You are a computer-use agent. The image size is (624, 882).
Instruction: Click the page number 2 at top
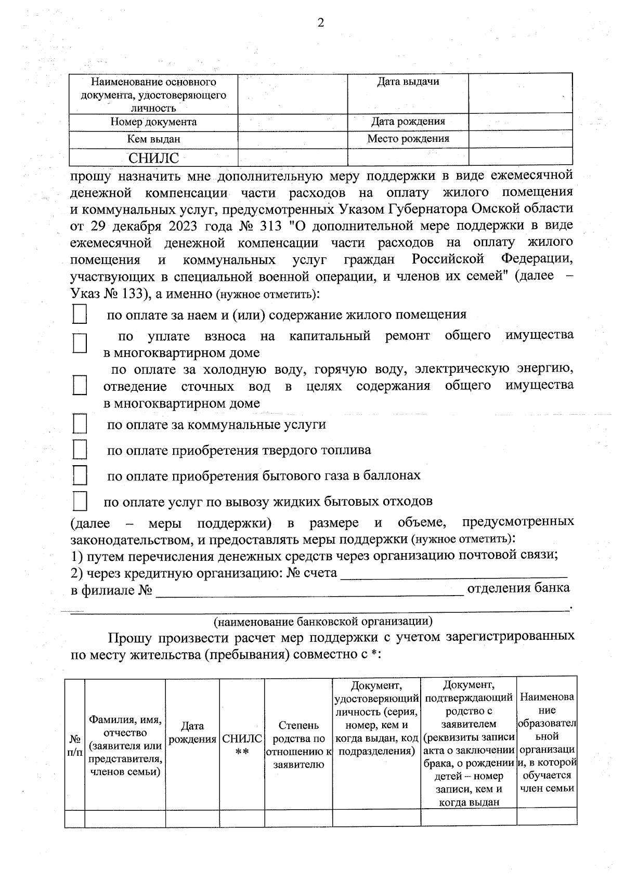point(320,23)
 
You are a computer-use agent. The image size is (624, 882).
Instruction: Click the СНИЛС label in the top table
point(153,158)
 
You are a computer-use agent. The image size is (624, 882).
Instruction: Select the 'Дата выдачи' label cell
point(408,82)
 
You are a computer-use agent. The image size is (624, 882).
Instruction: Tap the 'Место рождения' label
point(408,139)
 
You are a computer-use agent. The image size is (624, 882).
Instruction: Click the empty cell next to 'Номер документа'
point(292,122)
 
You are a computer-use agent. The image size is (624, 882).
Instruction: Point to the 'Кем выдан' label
point(153,139)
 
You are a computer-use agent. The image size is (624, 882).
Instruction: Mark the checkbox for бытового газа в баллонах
point(80,475)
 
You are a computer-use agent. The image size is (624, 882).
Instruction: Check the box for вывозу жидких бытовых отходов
point(80,501)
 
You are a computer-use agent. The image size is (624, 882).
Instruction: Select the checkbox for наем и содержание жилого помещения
point(80,314)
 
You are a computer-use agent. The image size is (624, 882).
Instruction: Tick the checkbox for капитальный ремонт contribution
point(80,344)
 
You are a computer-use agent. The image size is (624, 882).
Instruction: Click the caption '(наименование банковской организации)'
point(322,621)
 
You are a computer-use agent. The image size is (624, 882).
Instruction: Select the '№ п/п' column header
point(74,745)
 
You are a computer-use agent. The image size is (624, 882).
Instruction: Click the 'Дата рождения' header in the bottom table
point(192,732)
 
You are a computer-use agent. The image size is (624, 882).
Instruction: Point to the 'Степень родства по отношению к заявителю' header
point(298,745)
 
